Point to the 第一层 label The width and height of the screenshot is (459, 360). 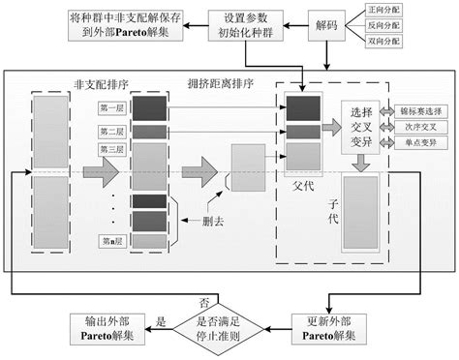coord(111,109)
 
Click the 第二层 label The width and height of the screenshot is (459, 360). coord(111,131)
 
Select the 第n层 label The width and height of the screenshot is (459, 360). coord(111,240)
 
